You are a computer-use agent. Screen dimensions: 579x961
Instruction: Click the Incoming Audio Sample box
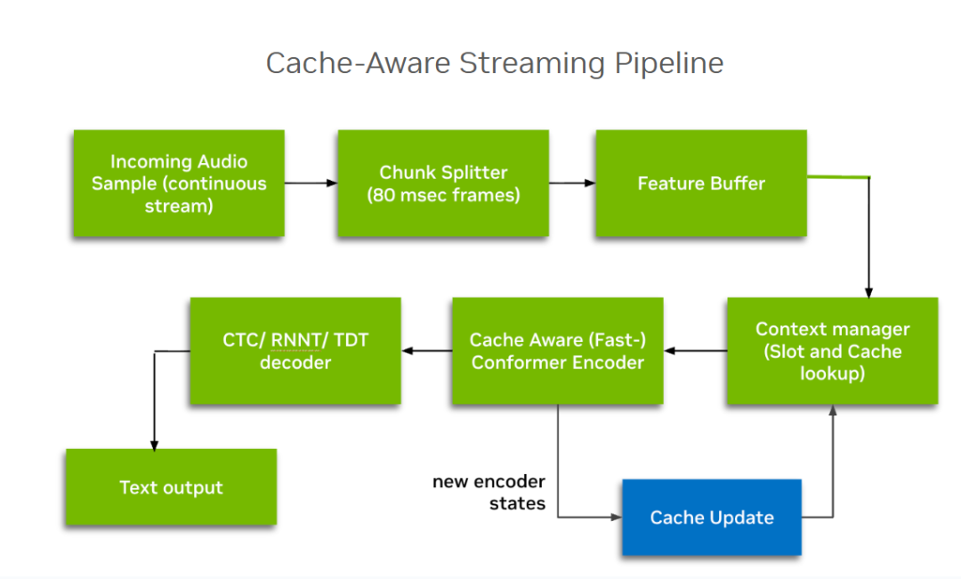point(179,183)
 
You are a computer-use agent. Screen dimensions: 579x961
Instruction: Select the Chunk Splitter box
point(443,183)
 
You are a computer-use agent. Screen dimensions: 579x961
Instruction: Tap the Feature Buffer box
point(701,183)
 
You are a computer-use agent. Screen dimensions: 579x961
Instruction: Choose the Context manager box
point(832,351)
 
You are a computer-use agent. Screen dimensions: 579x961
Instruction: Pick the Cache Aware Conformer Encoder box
point(557,351)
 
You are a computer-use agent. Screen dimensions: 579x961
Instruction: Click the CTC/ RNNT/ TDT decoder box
point(295,351)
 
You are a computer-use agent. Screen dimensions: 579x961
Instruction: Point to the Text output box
point(171,487)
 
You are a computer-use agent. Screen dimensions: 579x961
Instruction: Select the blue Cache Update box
point(712,518)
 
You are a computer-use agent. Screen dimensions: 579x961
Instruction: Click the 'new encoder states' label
point(489,493)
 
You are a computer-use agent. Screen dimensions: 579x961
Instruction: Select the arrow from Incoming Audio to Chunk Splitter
point(311,183)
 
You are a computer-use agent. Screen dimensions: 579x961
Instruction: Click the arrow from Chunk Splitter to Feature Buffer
point(572,183)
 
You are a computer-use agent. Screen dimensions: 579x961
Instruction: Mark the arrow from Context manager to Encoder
point(696,351)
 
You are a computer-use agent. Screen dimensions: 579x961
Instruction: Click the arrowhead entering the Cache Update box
point(616,517)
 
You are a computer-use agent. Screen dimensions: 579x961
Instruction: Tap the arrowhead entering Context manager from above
point(868,292)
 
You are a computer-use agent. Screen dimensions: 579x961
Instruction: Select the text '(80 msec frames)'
point(443,194)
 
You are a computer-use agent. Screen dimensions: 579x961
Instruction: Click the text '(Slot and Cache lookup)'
point(832,363)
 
